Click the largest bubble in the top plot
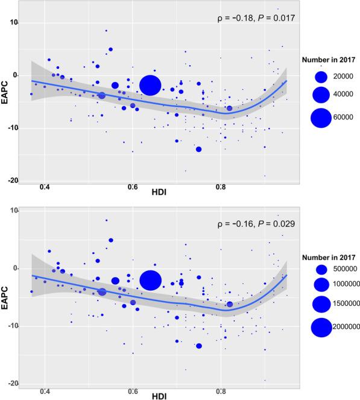[150, 85]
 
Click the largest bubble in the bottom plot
[150, 280]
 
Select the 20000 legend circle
[320, 77]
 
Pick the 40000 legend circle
[320, 95]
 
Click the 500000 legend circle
[321, 269]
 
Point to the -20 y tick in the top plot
[13, 181]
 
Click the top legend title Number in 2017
[327, 59]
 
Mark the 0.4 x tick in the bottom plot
[45, 391]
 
